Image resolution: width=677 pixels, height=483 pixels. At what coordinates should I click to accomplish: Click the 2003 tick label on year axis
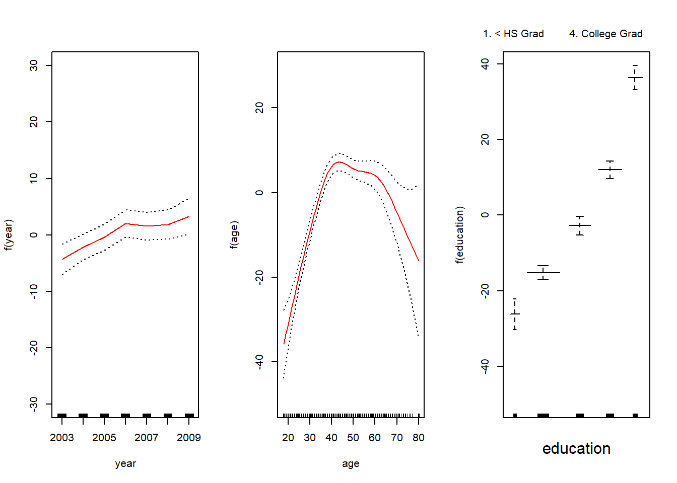point(62,438)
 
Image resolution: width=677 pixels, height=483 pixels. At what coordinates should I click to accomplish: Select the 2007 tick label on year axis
point(147,438)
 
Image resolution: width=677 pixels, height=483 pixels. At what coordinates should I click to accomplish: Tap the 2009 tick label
point(189,438)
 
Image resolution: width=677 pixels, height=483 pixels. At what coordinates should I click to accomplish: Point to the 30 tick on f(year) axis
point(34,65)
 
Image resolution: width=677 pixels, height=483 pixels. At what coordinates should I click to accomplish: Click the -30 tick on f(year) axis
point(34,404)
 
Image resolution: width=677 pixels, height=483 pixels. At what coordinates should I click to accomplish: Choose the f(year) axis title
point(9,234)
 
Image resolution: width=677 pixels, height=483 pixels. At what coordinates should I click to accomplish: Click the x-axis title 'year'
point(125,463)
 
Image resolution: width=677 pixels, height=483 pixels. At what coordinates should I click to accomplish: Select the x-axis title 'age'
point(351,463)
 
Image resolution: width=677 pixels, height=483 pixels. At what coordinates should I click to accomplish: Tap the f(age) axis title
point(234,234)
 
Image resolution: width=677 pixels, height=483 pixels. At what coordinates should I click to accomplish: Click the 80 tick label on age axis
point(418,438)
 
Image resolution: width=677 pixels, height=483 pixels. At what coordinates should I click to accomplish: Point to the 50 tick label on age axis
point(353,438)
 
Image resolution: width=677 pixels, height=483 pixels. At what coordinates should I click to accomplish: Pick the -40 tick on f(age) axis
point(259,362)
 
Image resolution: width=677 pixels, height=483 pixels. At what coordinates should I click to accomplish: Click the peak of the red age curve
point(339,162)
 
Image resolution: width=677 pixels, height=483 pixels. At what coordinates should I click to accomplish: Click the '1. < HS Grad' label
point(513,34)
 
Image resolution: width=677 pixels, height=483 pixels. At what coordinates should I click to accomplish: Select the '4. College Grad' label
point(605,34)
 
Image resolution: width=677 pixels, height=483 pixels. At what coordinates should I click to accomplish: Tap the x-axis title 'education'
point(576,448)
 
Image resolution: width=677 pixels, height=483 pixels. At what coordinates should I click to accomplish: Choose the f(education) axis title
point(460,234)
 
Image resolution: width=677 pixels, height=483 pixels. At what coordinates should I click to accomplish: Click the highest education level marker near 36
point(635,77)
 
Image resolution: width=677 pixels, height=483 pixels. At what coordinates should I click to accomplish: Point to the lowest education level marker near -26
point(515,314)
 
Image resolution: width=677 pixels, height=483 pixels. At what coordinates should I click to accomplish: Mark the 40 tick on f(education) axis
point(485,64)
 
